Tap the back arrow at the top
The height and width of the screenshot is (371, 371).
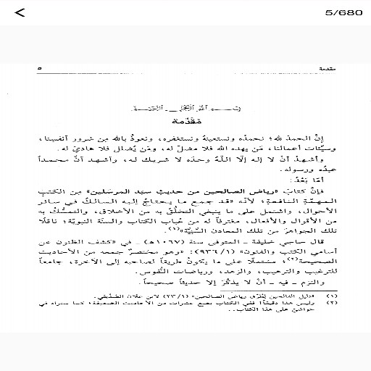[19, 12]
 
